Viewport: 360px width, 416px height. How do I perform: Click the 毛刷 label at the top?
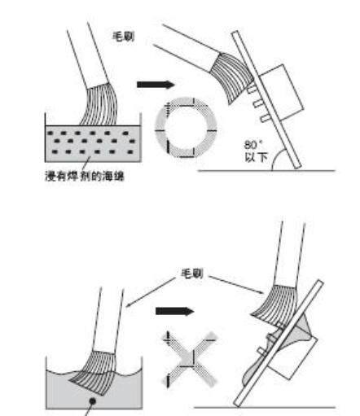pos(124,37)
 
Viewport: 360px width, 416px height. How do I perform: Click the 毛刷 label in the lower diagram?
pos(192,274)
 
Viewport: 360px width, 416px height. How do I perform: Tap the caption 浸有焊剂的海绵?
pos(85,176)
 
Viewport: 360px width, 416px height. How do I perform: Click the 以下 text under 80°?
pos(257,157)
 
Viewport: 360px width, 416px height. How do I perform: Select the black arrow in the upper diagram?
pos(156,85)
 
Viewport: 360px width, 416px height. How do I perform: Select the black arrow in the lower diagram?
pos(175,311)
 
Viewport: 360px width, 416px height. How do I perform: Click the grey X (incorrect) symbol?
pos(189,359)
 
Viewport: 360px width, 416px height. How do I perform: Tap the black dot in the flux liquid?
pos(93,401)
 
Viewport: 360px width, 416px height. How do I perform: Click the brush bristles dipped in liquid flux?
pos(94,372)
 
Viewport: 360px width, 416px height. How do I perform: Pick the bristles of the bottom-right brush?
pos(274,304)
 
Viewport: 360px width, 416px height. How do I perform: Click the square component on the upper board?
pos(281,91)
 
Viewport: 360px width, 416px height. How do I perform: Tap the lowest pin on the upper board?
pos(266,118)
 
